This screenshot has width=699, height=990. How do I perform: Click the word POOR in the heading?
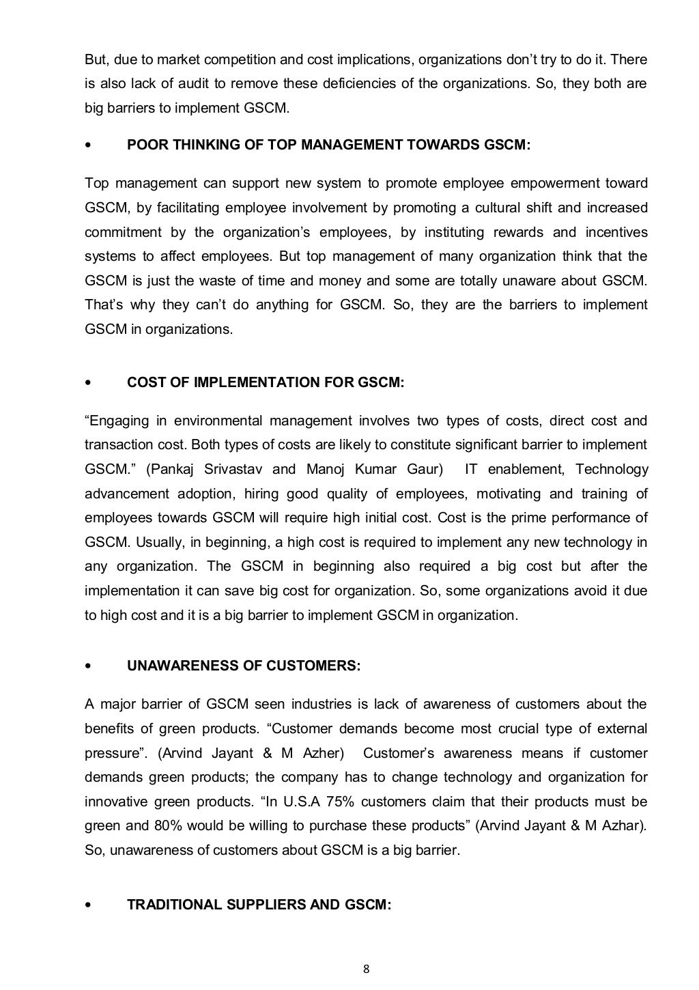[145, 145]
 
